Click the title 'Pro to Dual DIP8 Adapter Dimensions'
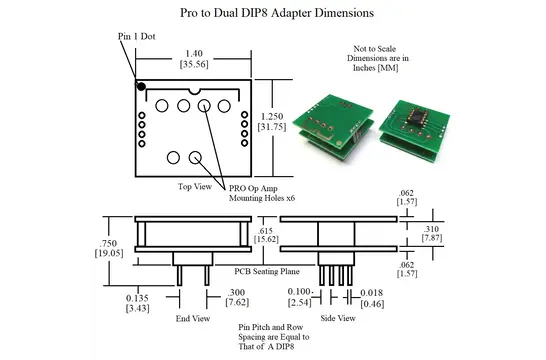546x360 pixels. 272,14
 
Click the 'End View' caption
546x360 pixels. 192,318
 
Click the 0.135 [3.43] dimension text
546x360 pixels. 136,303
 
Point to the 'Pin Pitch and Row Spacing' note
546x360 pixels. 273,338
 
